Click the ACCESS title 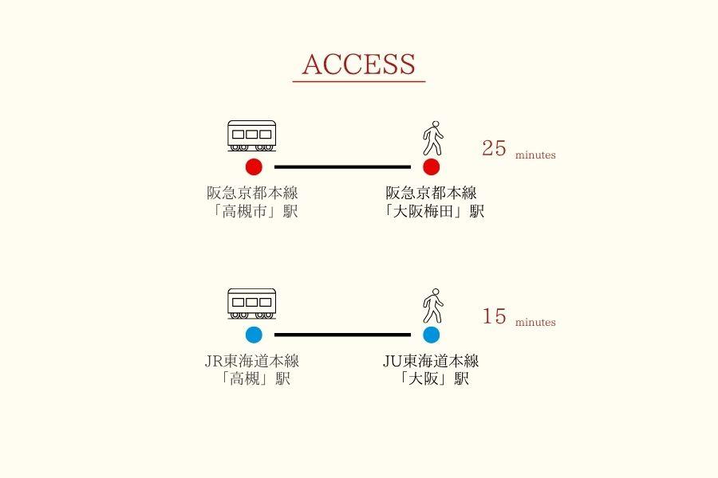(x=359, y=65)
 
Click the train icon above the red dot (x=252, y=136)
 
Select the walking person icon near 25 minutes (x=432, y=139)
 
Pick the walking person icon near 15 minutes (x=432, y=306)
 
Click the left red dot (x=254, y=167)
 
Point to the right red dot (x=432, y=167)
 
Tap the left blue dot (x=254, y=335)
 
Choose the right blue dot (x=432, y=335)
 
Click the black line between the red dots (x=342, y=167)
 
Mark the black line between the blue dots (x=342, y=335)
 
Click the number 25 (x=495, y=148)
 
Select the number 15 (x=495, y=316)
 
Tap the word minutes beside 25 (x=535, y=155)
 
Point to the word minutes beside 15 (x=535, y=323)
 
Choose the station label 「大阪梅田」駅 (x=432, y=211)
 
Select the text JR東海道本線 (x=252, y=361)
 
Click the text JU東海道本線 (x=431, y=361)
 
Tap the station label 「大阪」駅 (x=432, y=379)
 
